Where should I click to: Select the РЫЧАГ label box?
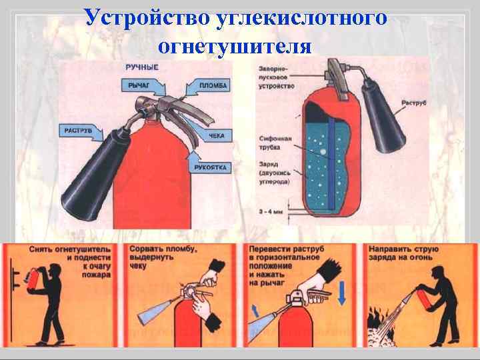point(137,85)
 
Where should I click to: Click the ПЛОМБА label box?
point(212,85)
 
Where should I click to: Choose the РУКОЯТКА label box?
point(213,168)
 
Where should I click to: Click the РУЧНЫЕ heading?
point(141,67)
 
